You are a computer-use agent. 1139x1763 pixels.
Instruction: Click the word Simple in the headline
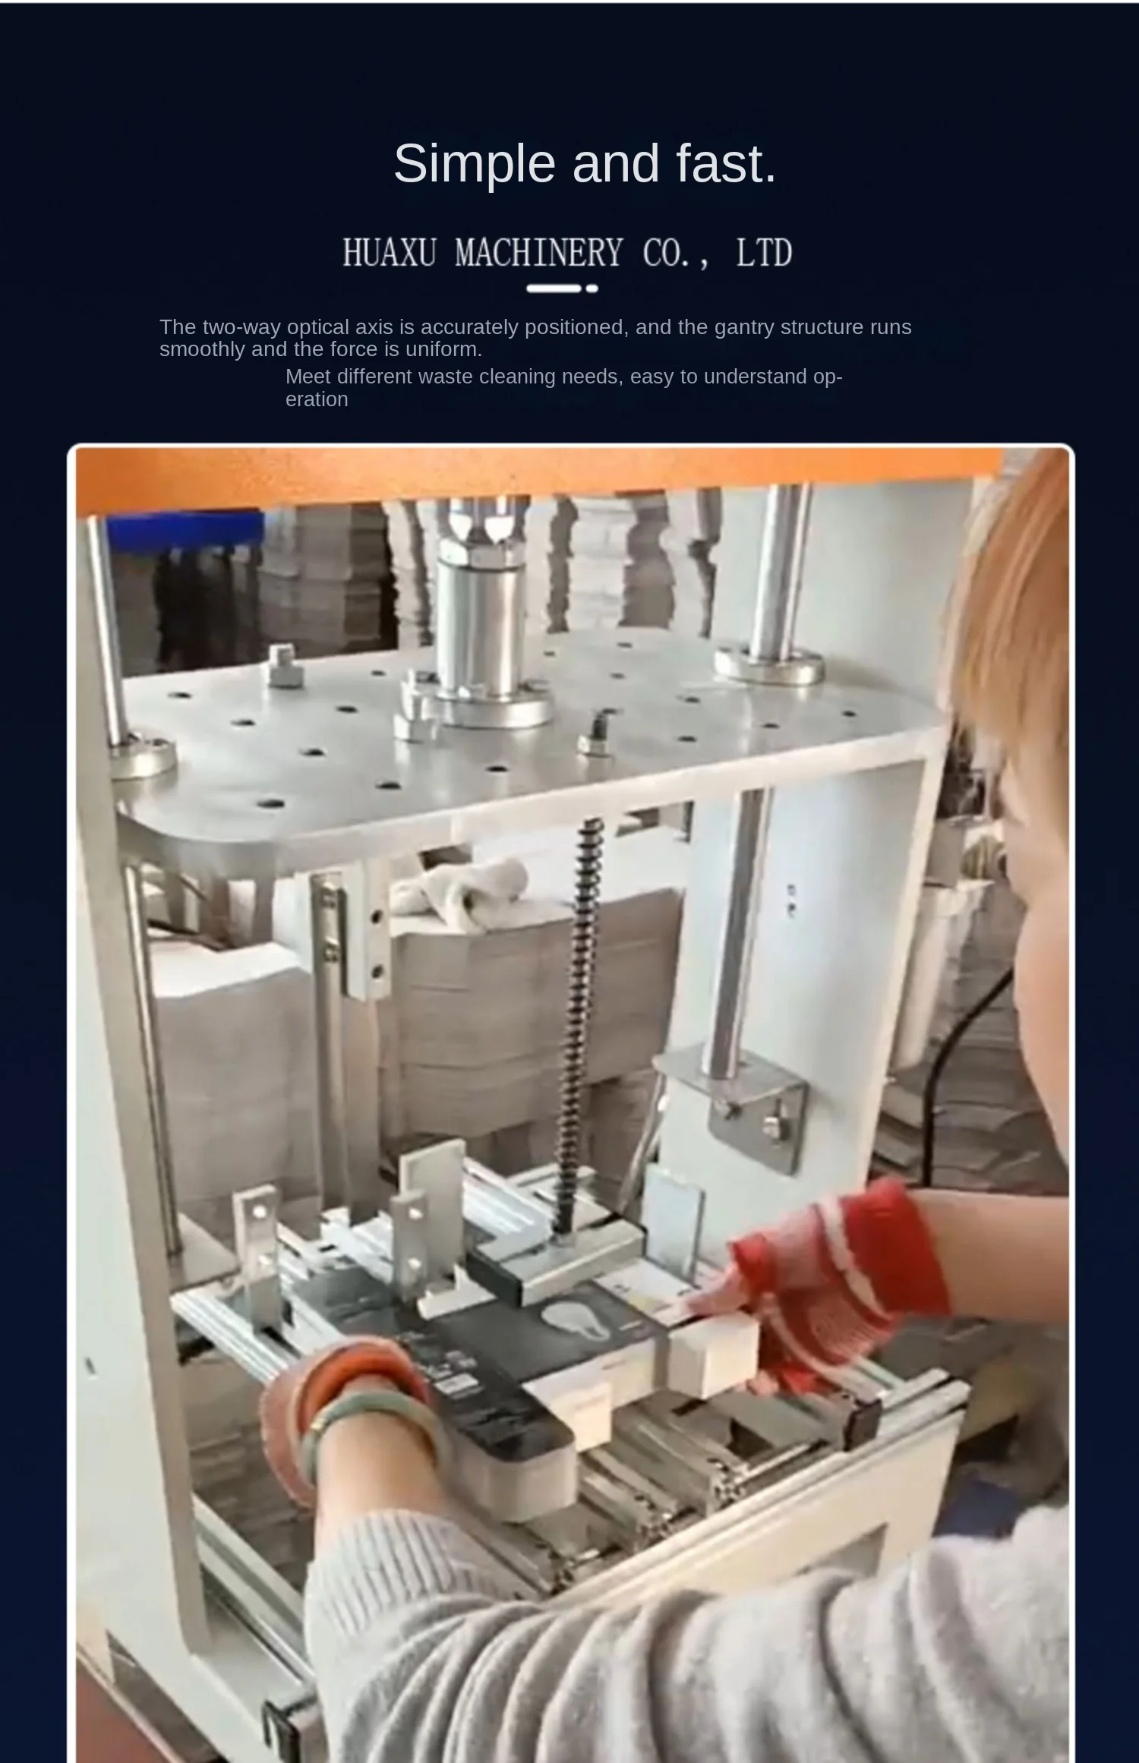475,164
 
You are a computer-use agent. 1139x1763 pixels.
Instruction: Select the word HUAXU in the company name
390,253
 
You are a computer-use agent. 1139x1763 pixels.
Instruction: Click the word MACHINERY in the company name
539,253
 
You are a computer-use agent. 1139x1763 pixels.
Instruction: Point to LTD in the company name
764,253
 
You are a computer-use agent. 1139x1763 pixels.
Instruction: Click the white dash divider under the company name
562,289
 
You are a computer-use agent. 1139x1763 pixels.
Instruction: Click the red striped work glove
835,1283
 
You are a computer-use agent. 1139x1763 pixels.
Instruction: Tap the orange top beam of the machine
532,475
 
